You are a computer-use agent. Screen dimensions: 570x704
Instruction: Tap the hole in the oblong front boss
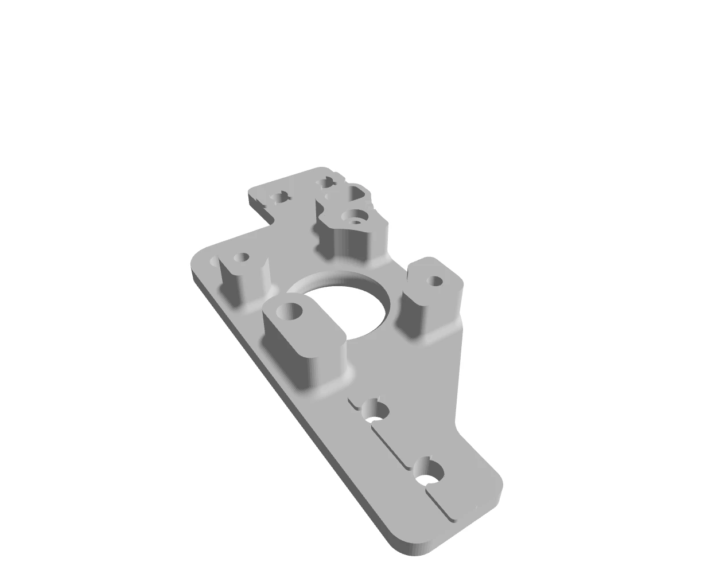[x=289, y=312]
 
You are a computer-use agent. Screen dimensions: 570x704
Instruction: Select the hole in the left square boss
[x=242, y=257]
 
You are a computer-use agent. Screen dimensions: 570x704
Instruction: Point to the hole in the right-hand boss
[x=436, y=281]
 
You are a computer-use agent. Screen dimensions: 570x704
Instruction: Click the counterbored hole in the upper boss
[x=355, y=217]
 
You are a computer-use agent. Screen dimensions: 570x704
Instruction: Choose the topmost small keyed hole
[x=326, y=182]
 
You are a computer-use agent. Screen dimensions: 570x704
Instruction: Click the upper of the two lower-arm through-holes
[x=376, y=411]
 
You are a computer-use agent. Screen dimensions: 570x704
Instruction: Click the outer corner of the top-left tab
[x=251, y=192]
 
